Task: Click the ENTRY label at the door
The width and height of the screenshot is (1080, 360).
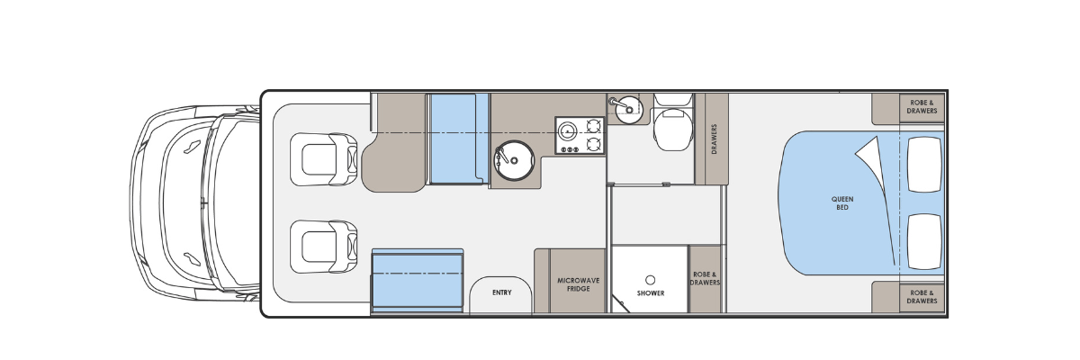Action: coord(502,292)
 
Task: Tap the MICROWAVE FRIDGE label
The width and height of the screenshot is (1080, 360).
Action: coord(578,284)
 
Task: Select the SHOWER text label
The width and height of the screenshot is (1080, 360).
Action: coord(651,293)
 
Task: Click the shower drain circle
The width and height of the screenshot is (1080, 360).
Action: coord(650,280)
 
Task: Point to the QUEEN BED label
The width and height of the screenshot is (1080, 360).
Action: coord(842,202)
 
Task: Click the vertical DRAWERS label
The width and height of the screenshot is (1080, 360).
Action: coord(714,139)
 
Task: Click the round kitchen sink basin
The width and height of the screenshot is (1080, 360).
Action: coord(514,160)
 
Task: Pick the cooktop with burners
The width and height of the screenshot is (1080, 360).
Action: coord(580,135)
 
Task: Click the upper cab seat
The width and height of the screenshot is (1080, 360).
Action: coord(324,159)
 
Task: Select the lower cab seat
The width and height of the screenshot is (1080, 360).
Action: coord(324,247)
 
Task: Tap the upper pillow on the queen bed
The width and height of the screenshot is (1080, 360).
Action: coord(924,165)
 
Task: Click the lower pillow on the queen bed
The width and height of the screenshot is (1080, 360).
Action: coord(924,241)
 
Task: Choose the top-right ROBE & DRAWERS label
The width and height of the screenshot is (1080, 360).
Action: coord(922,106)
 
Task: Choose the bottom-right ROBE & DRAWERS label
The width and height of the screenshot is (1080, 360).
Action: coord(922,297)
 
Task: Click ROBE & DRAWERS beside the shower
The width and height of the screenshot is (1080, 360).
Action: coord(705,279)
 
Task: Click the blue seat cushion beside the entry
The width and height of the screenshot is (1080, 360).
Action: coord(418,281)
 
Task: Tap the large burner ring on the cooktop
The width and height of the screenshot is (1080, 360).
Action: coord(568,130)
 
